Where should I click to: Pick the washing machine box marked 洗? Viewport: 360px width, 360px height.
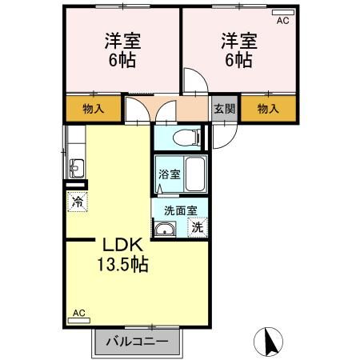(197, 227)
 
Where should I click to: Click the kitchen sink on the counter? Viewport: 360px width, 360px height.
(76, 169)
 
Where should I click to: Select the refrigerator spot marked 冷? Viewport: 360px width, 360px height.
(78, 202)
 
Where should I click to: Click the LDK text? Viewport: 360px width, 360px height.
(121, 246)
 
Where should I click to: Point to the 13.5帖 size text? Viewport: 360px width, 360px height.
(122, 264)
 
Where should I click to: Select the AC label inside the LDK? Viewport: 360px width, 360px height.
(78, 314)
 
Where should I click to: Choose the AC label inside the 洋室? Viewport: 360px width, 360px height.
(282, 22)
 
